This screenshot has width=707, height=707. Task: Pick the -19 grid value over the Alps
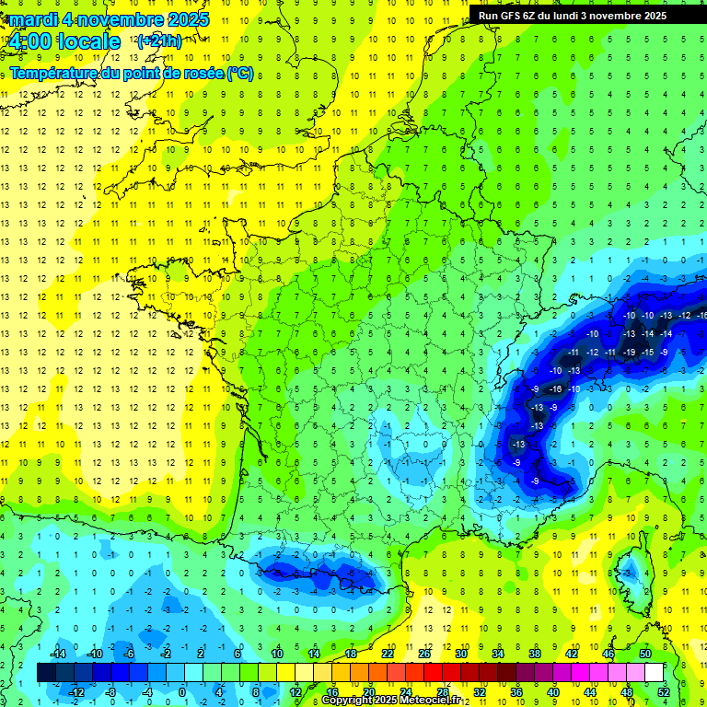(629, 352)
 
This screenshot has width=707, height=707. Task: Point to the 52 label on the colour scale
(663, 691)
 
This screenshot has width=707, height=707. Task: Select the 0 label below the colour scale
(182, 691)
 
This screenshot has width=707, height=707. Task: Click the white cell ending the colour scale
(654, 672)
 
